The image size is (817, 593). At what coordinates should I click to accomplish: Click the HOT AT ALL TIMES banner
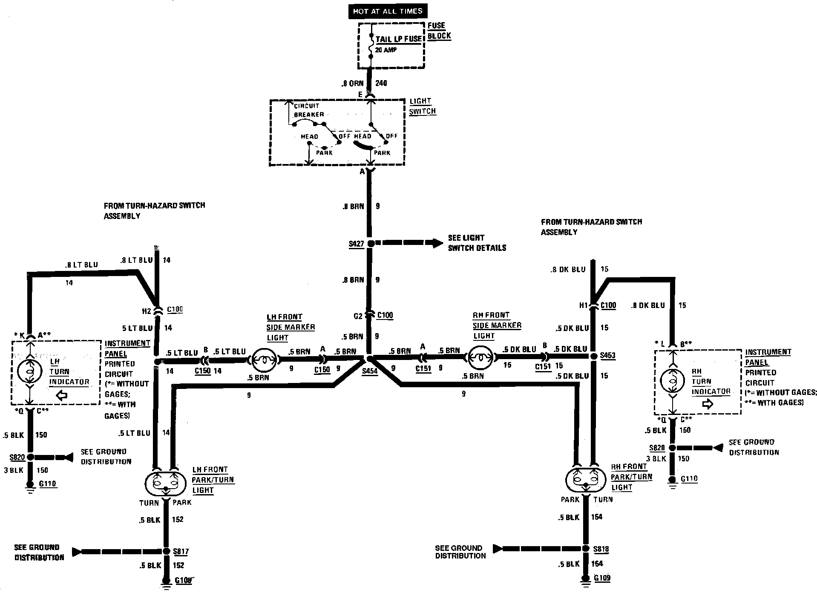click(387, 12)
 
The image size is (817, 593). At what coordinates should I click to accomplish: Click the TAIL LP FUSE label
click(398, 39)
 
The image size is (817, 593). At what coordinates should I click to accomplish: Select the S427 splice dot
click(371, 244)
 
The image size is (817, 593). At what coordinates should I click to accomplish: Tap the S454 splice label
click(369, 371)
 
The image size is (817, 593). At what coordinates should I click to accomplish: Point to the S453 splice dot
click(593, 356)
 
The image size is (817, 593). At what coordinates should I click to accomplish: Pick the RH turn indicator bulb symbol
click(673, 381)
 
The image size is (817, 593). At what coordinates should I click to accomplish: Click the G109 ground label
click(602, 578)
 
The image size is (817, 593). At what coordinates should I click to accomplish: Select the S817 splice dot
click(165, 551)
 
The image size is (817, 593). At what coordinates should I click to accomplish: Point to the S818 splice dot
click(586, 549)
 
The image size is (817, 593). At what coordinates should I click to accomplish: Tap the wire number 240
click(381, 83)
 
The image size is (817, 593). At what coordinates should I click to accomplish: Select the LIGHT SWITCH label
click(422, 106)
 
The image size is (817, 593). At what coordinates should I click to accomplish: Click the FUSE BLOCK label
click(439, 31)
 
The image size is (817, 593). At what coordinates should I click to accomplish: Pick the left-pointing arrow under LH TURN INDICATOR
click(62, 396)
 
